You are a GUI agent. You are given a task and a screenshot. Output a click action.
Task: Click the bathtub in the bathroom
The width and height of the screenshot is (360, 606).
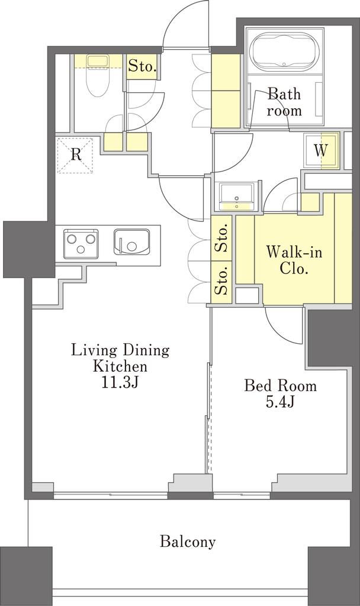pos(285,52)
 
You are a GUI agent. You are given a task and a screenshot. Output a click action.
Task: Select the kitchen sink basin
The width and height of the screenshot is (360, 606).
pos(132,242)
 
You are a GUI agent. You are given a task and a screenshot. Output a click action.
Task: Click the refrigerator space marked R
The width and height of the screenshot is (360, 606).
pos(75,155)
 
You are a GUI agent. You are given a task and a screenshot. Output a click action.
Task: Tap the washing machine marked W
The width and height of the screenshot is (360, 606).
pos(321,150)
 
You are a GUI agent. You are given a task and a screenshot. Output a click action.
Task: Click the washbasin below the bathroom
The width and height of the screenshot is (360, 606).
pos(236,196)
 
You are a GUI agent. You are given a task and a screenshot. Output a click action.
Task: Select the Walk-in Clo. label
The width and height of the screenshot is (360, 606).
pos(294,260)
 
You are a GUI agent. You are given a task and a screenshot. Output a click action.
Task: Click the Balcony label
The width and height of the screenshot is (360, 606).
pos(188,542)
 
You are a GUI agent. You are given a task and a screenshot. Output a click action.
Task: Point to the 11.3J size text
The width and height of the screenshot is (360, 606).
pos(119,382)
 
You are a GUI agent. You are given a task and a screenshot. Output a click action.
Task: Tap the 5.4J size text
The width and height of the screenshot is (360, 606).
pos(280,402)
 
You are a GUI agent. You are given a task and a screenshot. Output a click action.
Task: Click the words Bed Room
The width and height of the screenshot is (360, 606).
pos(280,386)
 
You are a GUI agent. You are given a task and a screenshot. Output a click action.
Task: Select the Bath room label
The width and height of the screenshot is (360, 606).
pos(284,102)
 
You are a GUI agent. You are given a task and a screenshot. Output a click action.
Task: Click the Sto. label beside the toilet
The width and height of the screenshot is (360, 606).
pos(142,66)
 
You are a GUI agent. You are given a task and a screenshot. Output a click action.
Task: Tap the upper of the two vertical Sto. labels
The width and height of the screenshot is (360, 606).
pos(222,239)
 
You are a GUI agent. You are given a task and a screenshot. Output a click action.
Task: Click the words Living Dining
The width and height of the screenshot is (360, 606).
pos(120,351)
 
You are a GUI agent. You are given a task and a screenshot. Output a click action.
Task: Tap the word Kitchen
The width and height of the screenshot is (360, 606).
pos(120,366)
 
